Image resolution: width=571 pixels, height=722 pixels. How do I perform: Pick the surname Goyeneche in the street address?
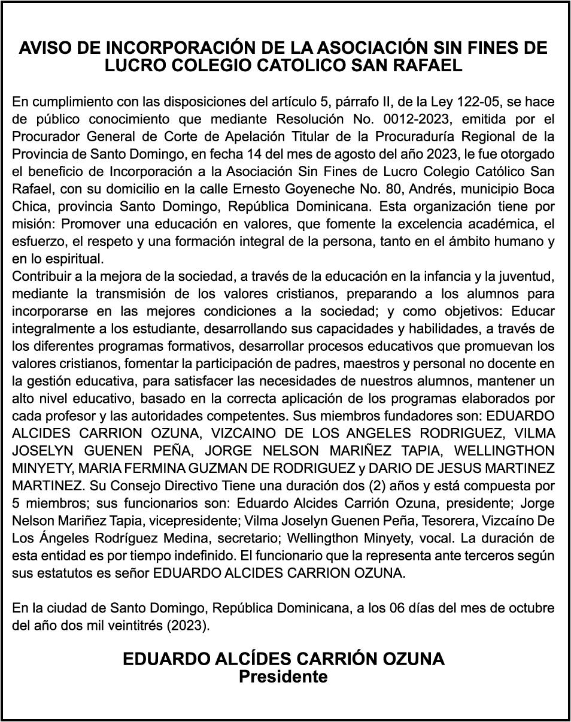[289, 189]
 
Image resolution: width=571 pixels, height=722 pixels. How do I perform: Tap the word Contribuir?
[40, 277]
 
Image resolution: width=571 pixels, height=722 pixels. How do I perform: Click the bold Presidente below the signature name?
[284, 677]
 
